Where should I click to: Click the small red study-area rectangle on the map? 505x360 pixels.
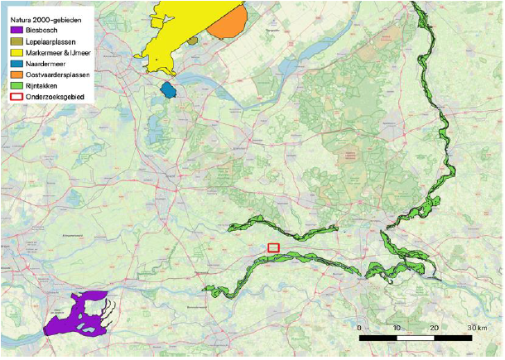pos(274,247)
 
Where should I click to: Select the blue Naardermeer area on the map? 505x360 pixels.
pos(169,89)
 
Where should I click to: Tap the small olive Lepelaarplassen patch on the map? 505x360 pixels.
pos(192,40)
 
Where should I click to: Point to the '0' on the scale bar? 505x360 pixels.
pos(358,328)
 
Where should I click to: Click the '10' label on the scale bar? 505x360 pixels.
pos(397,328)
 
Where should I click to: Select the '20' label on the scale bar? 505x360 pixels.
pos(435,328)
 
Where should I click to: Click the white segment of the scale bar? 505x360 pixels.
pos(416,338)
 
